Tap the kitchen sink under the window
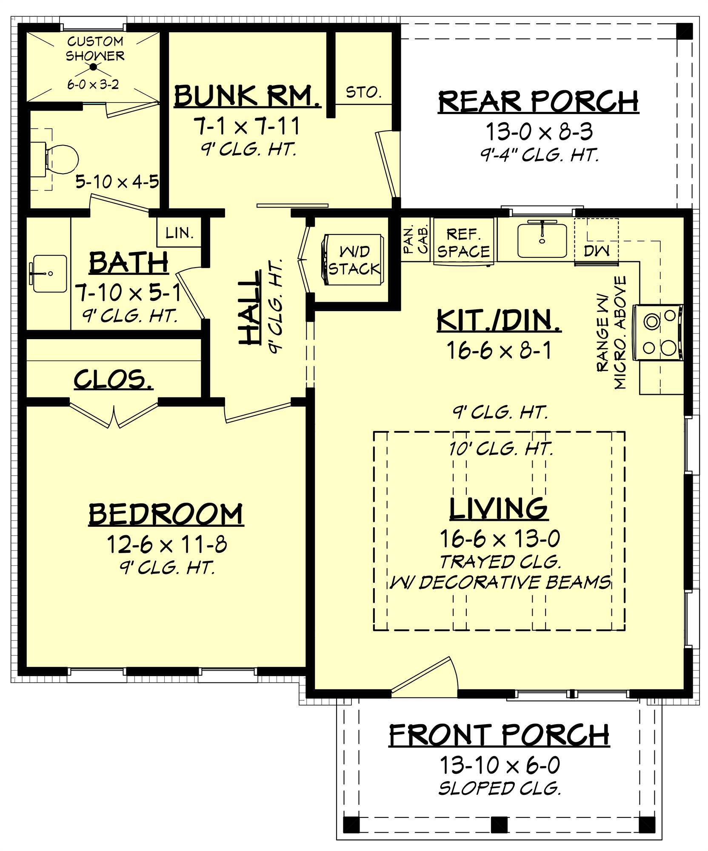(542, 241)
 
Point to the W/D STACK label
(354, 260)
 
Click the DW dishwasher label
(596, 251)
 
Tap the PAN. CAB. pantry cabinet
(415, 240)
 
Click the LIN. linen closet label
(179, 233)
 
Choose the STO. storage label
(363, 92)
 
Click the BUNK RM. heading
(247, 97)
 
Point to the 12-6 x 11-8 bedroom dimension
(166, 544)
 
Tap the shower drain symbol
(94, 67)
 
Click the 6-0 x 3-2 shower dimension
(93, 85)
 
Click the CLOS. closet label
(113, 379)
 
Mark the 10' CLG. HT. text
(501, 449)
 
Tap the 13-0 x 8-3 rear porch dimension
(539, 132)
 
